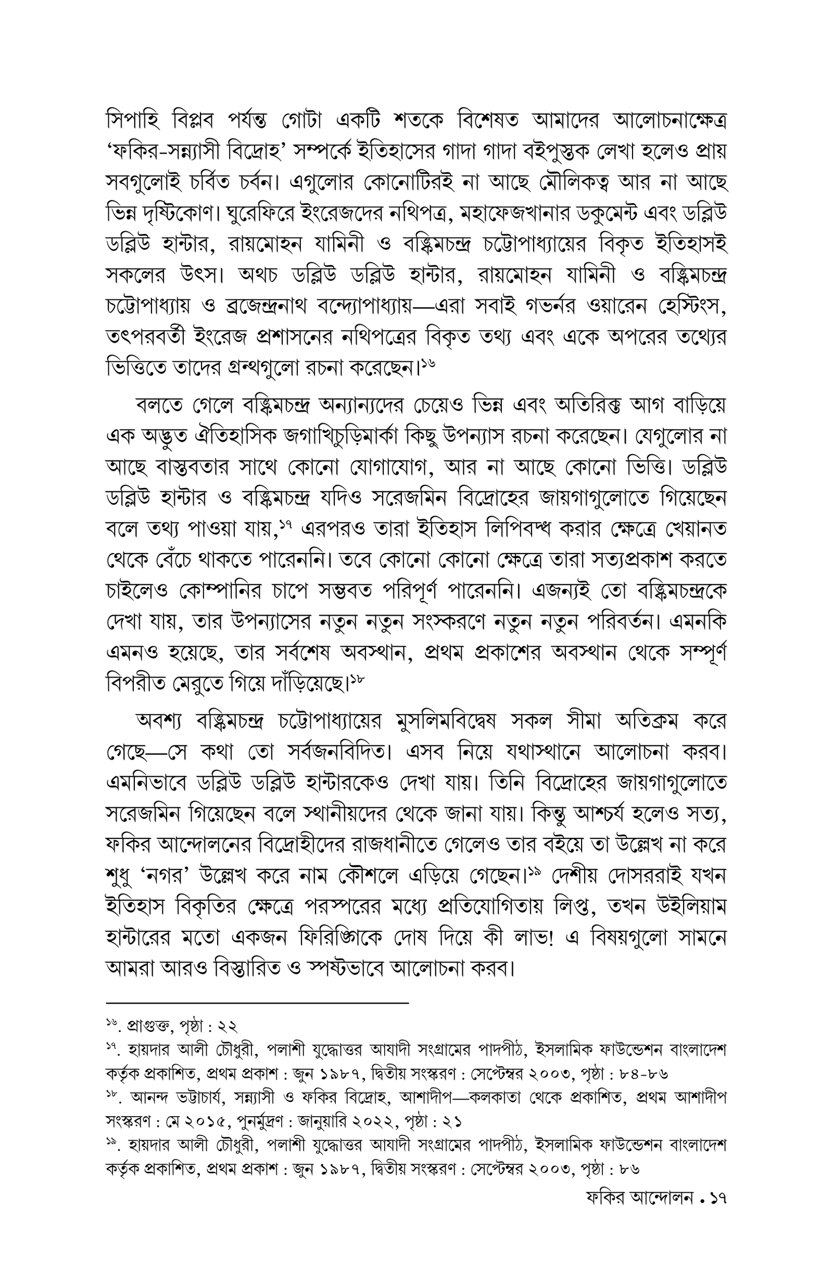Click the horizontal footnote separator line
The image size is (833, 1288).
pyautogui.click(x=257, y=1004)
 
